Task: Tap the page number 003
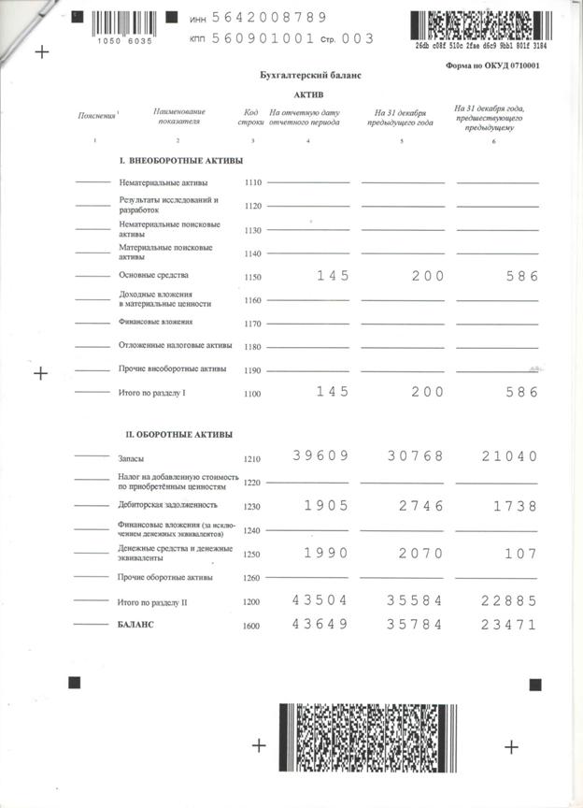pos(359,38)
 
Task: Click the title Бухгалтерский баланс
pos(309,74)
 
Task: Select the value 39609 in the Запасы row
pos(320,456)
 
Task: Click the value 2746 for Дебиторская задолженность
pos(416,505)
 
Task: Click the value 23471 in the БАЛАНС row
pos(509,624)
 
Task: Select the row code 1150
pos(252,277)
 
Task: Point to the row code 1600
pos(252,625)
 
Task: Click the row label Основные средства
pos(153,276)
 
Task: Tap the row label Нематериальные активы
pos(164,182)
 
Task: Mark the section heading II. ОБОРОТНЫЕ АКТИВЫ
pos(179,435)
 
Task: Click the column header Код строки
pos(252,117)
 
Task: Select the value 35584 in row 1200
pos(416,601)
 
